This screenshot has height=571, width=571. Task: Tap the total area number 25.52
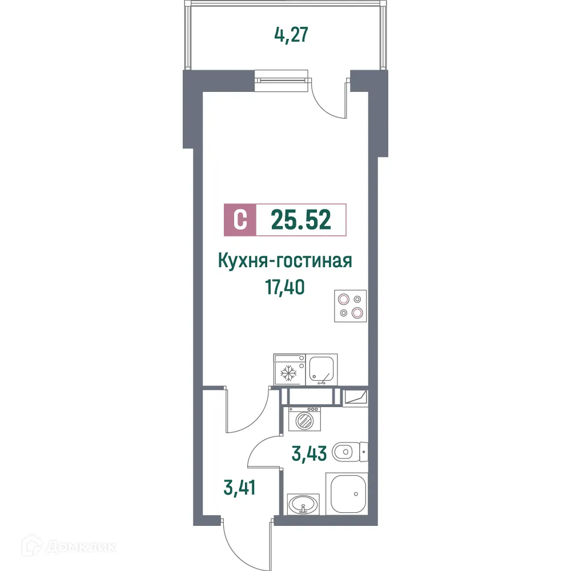click(301, 219)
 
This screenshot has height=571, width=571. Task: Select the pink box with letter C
click(240, 219)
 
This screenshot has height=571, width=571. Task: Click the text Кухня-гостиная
click(284, 261)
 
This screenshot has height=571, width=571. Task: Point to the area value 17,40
click(284, 286)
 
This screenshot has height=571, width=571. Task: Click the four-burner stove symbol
click(350, 305)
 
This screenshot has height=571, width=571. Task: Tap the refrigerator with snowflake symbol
click(289, 369)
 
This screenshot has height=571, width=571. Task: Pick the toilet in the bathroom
click(348, 453)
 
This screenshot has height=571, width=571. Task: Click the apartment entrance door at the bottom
click(246, 542)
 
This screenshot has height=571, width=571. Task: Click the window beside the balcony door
click(282, 81)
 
